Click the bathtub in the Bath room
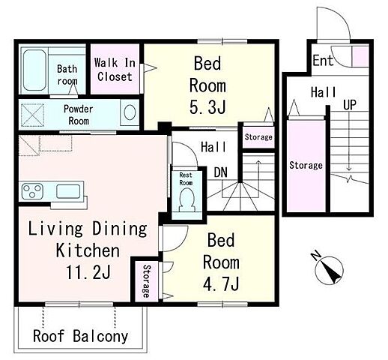[x=34, y=70]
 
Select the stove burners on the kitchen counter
[x=32, y=191]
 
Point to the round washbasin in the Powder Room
[x=130, y=112]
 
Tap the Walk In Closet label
[x=115, y=69]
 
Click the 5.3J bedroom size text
[x=207, y=107]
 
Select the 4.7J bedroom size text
[x=221, y=283]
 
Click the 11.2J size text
[x=88, y=272]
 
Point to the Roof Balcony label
[x=80, y=336]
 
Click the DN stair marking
[x=221, y=172]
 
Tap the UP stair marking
[x=350, y=105]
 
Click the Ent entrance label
[x=323, y=60]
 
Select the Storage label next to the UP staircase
[x=306, y=165]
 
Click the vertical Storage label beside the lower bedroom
[x=147, y=281]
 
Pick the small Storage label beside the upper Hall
[x=258, y=137]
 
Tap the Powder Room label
[x=79, y=115]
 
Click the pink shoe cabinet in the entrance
[x=360, y=56]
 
